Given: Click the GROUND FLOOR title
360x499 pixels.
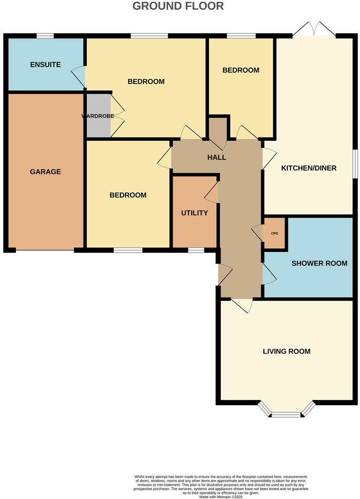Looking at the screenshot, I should click(x=178, y=6).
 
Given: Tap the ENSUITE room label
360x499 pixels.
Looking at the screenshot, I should click(x=45, y=64).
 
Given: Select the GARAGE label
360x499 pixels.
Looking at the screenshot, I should click(x=45, y=172).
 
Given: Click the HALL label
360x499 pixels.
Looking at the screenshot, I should click(x=217, y=157).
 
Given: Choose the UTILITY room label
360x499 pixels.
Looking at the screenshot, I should click(x=195, y=213).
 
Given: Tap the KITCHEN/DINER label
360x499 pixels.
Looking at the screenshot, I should click(x=308, y=168).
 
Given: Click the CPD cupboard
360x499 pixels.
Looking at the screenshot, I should click(x=275, y=233).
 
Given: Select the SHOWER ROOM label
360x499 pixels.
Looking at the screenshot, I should click(x=320, y=263).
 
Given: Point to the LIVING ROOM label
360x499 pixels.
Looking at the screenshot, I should click(x=286, y=351).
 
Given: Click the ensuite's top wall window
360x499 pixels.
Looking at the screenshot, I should click(x=45, y=36).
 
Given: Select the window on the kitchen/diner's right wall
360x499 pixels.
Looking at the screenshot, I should click(x=355, y=164).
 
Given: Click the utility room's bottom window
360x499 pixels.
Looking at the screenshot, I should click(x=196, y=250).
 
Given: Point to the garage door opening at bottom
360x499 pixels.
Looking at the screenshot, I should click(x=45, y=250).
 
